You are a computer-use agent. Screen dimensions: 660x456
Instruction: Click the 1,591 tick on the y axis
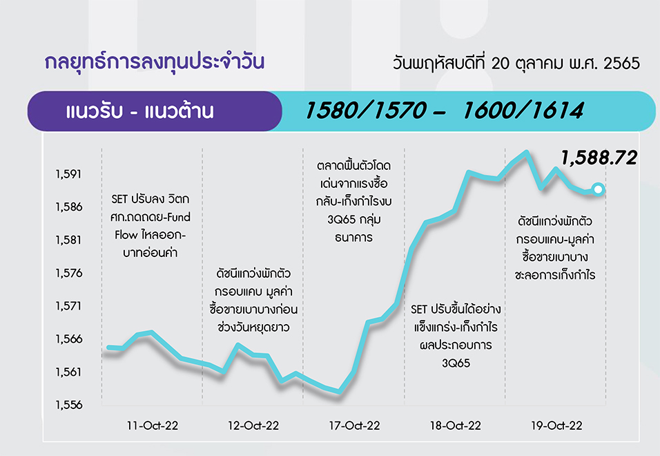coord(68,174)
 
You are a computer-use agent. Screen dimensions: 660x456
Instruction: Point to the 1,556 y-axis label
coord(69,405)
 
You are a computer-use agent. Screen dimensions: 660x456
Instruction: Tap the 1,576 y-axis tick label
coord(69,274)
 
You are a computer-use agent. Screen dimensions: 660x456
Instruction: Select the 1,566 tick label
coord(69,339)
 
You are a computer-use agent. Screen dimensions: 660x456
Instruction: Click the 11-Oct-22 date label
coord(153,426)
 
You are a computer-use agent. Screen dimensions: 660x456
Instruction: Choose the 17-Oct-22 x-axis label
coord(354,426)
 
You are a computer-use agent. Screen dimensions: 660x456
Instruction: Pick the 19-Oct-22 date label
coord(556,426)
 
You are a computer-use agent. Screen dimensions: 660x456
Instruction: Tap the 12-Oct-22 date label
coord(253,426)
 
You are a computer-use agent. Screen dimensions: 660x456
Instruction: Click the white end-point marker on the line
coord(598,189)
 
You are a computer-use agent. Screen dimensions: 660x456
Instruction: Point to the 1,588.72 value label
coord(599,158)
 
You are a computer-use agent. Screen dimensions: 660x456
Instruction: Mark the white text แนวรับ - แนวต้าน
coord(139,111)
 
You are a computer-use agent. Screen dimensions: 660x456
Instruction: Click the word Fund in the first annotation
coord(179,217)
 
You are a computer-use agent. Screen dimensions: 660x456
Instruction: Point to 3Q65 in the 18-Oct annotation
coord(456,363)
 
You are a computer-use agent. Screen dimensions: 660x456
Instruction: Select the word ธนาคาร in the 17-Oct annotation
coord(354,238)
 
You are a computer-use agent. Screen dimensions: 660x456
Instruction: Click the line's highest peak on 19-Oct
coord(526,151)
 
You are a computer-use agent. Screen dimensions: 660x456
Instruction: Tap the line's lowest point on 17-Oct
coord(339,392)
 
